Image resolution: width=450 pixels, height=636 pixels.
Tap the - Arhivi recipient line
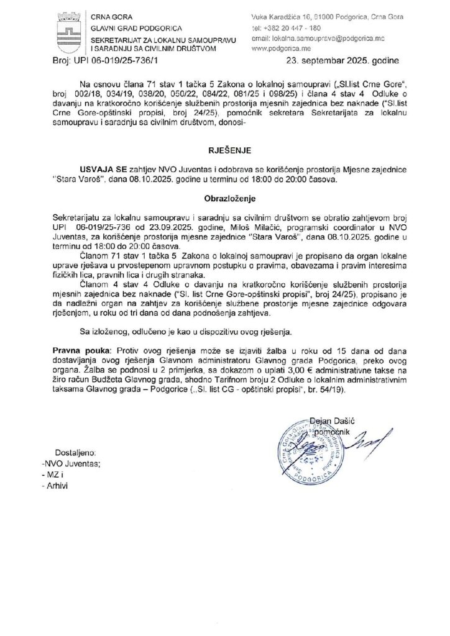[55, 487]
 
